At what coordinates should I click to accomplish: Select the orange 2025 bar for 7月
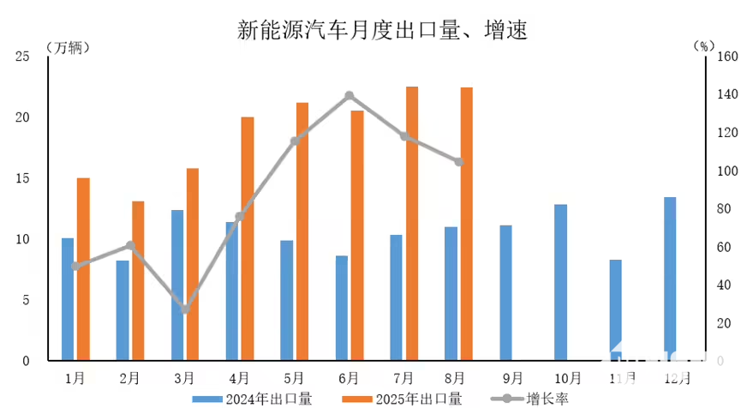(x=412, y=223)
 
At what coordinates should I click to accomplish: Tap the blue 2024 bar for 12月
(x=670, y=279)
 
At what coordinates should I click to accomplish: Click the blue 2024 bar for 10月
(x=560, y=282)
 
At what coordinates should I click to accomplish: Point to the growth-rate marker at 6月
(x=350, y=96)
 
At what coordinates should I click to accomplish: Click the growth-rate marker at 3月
(x=185, y=309)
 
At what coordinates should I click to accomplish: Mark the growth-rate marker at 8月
(x=459, y=161)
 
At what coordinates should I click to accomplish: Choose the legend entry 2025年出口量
(x=402, y=398)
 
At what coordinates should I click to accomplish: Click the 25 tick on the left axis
(x=22, y=57)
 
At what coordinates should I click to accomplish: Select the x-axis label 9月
(x=511, y=378)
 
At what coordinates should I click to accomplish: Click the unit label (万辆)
(x=66, y=45)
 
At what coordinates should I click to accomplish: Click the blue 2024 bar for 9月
(x=505, y=292)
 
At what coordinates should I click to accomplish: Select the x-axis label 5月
(x=292, y=378)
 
